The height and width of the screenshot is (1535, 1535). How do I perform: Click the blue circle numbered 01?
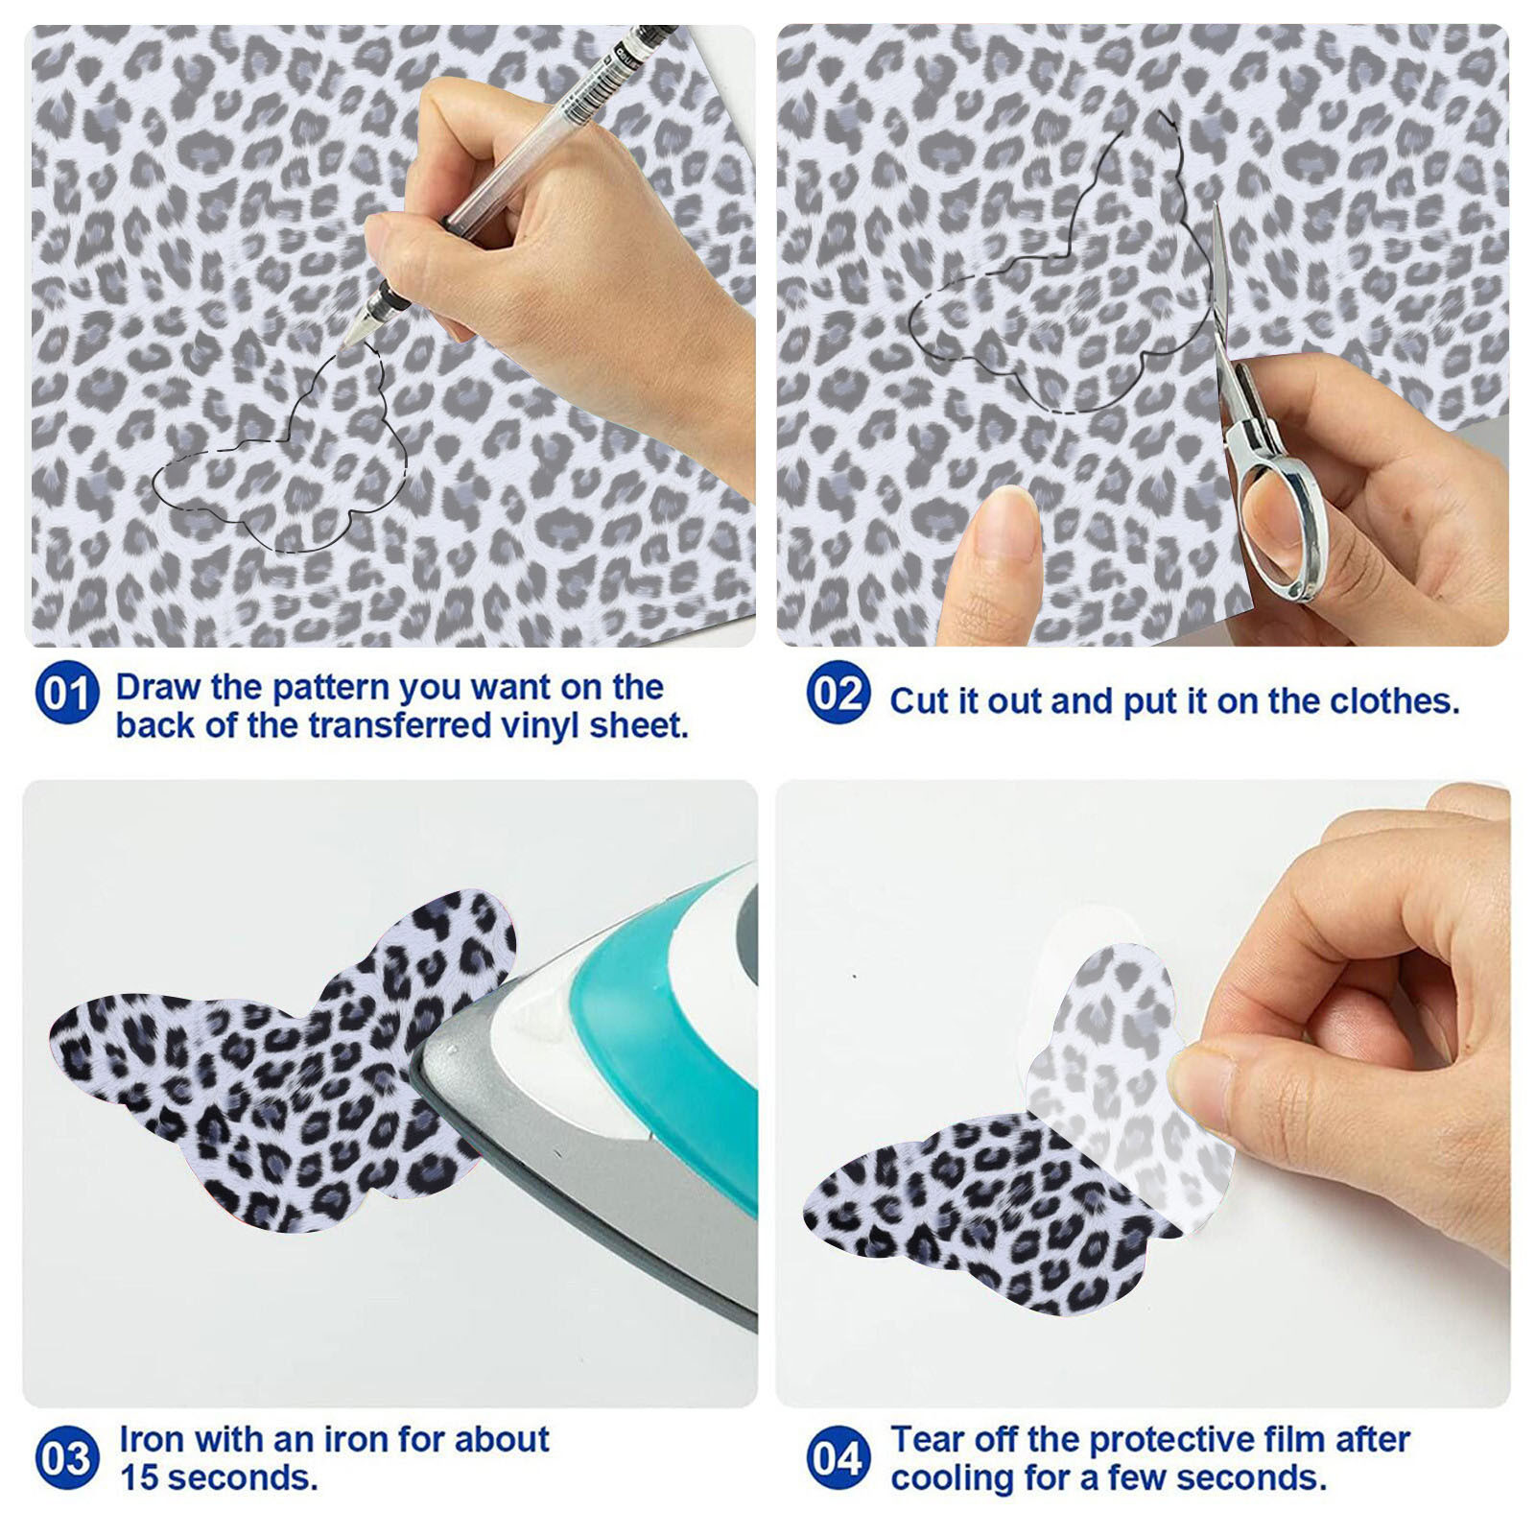click(x=66, y=693)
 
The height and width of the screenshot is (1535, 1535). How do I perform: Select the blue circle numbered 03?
click(x=66, y=1458)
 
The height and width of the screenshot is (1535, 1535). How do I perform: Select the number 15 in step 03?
click(x=140, y=1477)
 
